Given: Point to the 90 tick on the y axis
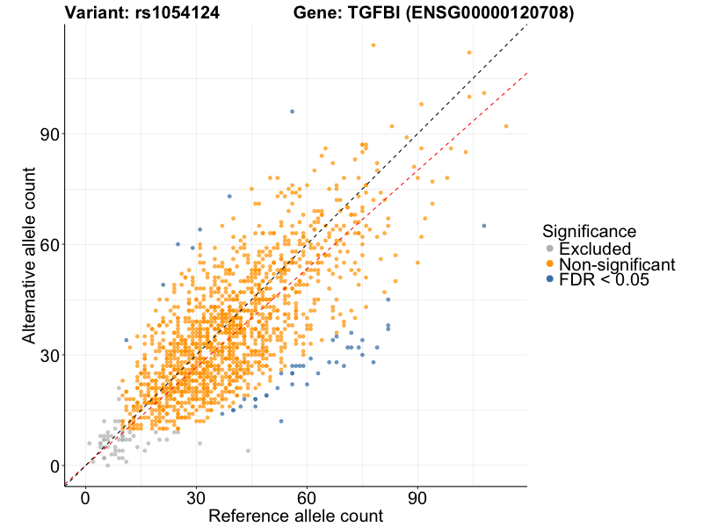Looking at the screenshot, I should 47,134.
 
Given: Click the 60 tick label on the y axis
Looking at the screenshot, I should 47,245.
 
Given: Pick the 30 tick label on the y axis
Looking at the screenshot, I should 47,356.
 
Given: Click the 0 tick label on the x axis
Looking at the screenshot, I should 85,498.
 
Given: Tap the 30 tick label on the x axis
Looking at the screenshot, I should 196,498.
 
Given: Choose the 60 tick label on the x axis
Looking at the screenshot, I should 307,498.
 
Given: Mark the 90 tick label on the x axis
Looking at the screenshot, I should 417,498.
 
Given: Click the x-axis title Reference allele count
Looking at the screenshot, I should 295,516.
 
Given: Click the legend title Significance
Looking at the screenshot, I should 589,232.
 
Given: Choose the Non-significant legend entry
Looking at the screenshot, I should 616,264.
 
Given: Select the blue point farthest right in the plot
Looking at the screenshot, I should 484,226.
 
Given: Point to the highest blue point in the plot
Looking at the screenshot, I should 293,112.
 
